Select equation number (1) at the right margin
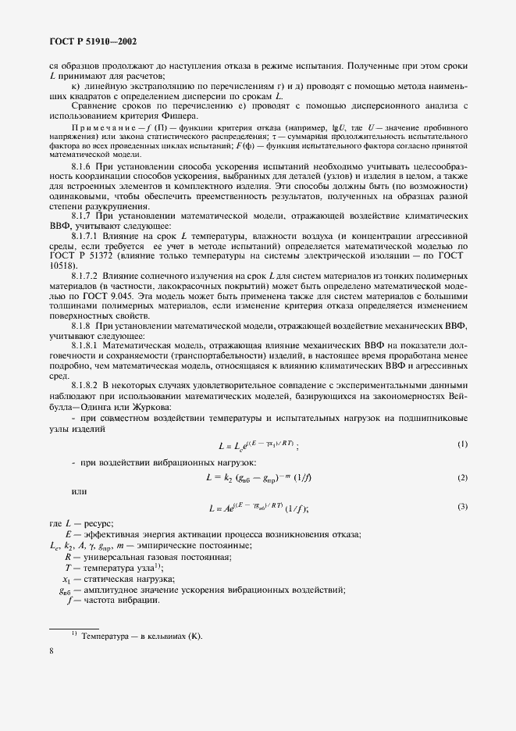462,445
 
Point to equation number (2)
462,477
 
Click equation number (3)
462,508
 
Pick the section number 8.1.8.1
87,343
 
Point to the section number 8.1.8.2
87,385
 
